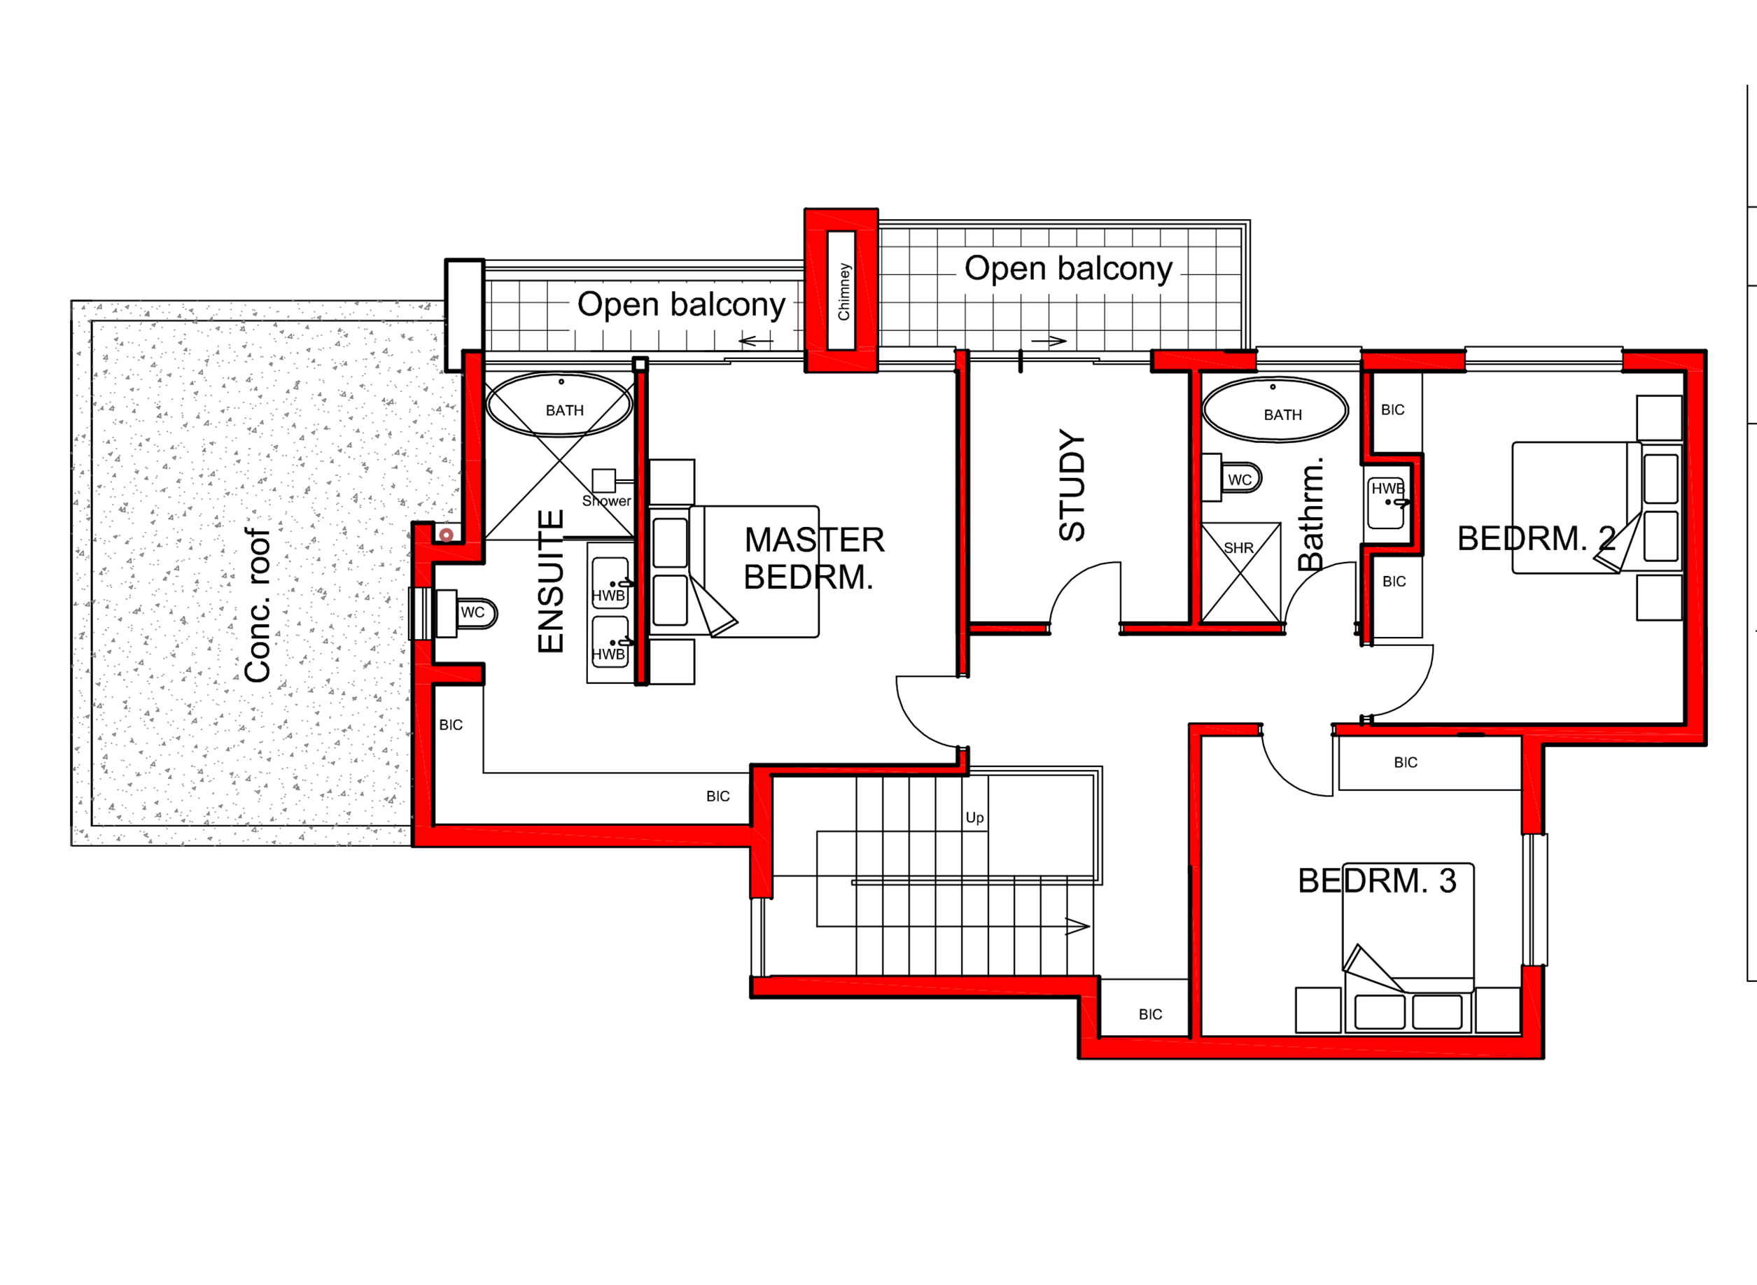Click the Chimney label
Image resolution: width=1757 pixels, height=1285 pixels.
tap(843, 292)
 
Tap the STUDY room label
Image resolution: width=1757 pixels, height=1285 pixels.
tap(1072, 486)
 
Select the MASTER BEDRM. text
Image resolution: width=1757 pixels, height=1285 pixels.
tap(813, 559)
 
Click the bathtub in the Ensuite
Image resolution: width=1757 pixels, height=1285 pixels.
tap(559, 404)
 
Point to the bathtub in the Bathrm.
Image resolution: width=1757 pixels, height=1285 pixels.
tap(1275, 409)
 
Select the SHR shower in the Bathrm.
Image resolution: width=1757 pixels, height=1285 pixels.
tap(1240, 573)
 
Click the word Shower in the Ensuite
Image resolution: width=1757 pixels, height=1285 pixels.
tap(606, 501)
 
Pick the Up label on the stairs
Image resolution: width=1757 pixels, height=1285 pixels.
tap(974, 817)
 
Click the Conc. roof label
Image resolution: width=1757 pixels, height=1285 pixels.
tap(258, 605)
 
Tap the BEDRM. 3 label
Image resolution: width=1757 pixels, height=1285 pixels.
tap(1377, 881)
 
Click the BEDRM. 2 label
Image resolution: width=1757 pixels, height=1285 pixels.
tap(1536, 538)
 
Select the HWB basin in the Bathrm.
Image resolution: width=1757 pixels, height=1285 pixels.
tap(1386, 503)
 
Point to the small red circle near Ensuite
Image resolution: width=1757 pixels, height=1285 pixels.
tap(447, 535)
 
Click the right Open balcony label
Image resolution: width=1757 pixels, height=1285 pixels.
tap(1068, 268)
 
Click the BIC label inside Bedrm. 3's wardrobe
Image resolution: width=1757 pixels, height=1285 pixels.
tap(1405, 762)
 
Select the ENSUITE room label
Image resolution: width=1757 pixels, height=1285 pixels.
tap(551, 581)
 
